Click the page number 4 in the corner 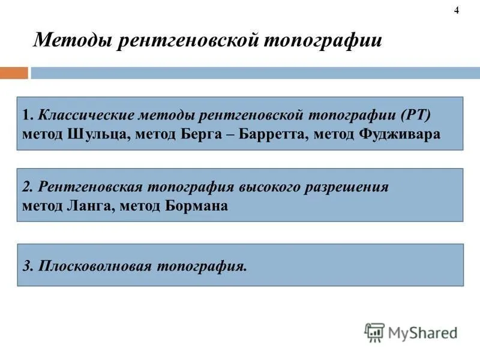tap(457, 10)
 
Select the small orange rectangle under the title tap(14, 73)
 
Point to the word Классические tap(86, 115)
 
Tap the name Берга tap(201, 134)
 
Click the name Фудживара tap(400, 134)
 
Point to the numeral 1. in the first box tap(28, 115)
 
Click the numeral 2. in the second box tap(28, 187)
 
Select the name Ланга tap(91, 206)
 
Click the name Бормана tap(197, 206)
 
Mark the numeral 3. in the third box tap(28, 266)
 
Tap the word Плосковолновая tap(95, 266)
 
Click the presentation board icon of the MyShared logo tap(374, 332)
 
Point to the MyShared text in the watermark tap(423, 333)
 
